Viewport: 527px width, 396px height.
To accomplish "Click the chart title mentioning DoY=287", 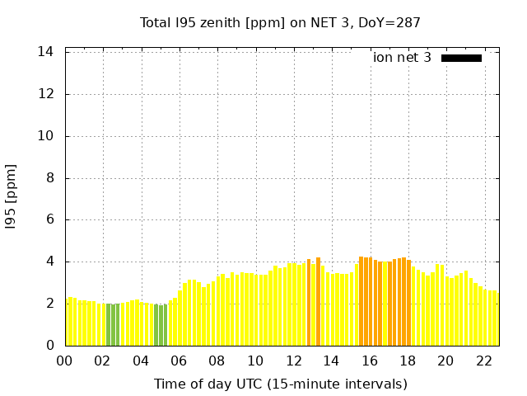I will [x=280, y=22].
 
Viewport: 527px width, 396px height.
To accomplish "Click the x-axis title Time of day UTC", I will [x=280, y=384].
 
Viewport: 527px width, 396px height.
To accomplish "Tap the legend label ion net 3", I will [x=402, y=58].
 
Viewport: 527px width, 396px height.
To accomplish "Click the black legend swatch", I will [x=461, y=58].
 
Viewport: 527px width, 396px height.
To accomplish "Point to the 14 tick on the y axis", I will [x=46, y=52].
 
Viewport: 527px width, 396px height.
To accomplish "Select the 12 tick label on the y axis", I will [x=46, y=94].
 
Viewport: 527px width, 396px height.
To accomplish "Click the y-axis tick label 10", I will [x=46, y=136].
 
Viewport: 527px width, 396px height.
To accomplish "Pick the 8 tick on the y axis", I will [x=50, y=178].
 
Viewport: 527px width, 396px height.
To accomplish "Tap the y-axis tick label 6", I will [x=50, y=220].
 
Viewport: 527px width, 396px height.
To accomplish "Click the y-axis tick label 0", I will [x=50, y=346].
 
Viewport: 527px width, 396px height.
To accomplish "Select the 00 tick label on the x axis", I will [x=65, y=361].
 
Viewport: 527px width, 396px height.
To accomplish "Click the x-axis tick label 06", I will [x=180, y=361].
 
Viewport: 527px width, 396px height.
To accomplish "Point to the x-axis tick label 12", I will [x=294, y=361].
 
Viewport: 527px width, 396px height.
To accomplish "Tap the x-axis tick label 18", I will [x=408, y=361].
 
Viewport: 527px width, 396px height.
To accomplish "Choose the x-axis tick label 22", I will [x=484, y=361].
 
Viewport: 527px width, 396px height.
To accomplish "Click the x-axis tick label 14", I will [x=332, y=361].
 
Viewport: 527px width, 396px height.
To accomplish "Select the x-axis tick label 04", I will [x=142, y=361].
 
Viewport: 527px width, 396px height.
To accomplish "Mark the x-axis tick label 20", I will [x=445, y=361].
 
